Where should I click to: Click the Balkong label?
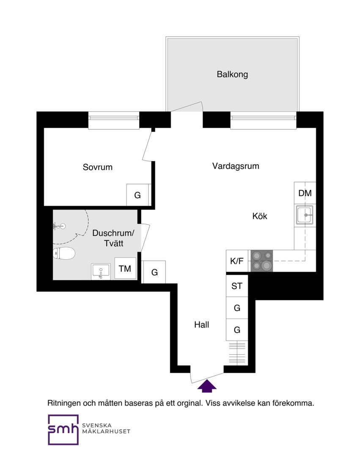(232, 74)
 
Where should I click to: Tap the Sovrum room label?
(98, 167)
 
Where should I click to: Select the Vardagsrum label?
(236, 166)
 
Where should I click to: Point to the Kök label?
(259, 216)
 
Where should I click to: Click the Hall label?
(201, 325)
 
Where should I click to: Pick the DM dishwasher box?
(305, 193)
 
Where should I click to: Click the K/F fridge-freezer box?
(237, 261)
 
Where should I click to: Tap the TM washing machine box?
(125, 268)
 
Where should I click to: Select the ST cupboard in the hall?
(237, 286)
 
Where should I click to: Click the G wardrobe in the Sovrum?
(137, 195)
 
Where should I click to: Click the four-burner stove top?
(261, 261)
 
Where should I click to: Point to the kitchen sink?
(305, 215)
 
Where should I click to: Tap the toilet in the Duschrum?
(64, 253)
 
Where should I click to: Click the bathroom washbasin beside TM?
(101, 272)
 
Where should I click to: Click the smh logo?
(63, 429)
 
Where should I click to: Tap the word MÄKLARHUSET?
(106, 432)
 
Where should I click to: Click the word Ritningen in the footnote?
(64, 404)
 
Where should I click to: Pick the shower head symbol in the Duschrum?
(59, 226)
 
